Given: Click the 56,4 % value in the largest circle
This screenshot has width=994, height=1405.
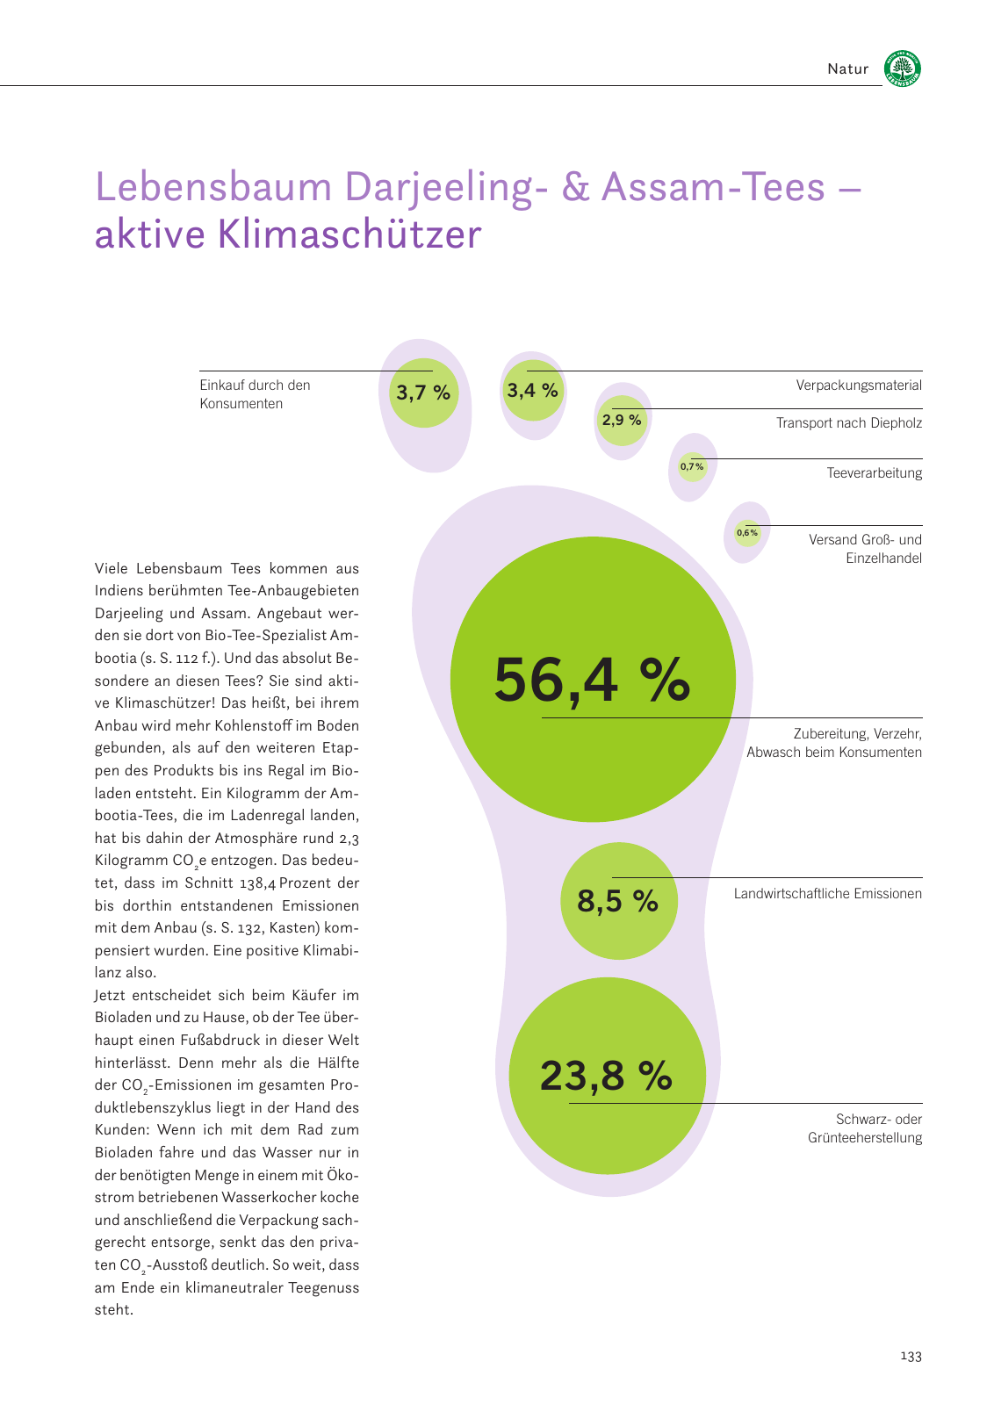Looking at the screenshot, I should [592, 681].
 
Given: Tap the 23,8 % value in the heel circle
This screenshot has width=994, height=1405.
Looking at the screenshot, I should [606, 1076].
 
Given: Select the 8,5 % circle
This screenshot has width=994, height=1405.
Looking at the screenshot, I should [618, 901].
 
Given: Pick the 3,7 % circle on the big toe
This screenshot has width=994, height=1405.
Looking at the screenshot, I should [423, 393].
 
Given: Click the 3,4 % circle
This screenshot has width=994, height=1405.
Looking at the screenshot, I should [532, 390].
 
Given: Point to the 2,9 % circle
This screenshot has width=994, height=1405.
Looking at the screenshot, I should [622, 421].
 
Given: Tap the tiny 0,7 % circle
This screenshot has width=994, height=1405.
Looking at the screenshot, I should [692, 466].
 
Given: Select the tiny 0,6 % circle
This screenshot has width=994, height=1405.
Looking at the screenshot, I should [747, 532].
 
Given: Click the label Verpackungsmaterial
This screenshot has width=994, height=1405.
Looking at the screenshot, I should [858, 385].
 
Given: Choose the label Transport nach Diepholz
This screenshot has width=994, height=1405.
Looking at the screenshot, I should [848, 423].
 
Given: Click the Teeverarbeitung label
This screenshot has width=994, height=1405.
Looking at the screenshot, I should [874, 473].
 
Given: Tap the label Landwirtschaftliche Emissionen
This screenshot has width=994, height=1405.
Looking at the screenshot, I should [827, 894].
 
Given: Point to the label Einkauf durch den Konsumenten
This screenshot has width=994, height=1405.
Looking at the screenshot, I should [254, 394].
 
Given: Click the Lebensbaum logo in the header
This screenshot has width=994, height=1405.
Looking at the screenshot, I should [902, 68].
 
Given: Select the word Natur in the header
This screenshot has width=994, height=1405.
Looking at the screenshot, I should [847, 69].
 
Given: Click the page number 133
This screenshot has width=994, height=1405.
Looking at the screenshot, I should [911, 1357].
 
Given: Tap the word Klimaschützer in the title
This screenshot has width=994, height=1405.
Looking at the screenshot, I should [349, 234].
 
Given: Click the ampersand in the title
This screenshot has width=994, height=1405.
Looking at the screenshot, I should [575, 187].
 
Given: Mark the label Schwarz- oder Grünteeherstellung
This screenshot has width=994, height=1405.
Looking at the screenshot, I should [864, 1128].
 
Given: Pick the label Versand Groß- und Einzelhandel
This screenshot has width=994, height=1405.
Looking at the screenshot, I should [864, 549].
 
